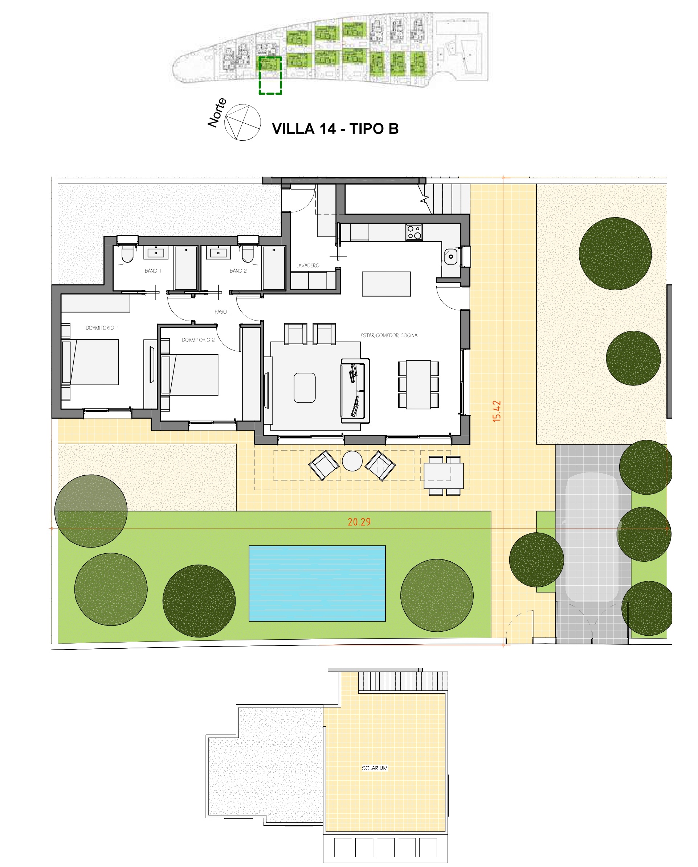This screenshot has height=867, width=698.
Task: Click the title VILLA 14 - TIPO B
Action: pos(335,129)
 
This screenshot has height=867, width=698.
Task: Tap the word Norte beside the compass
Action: pos(217,113)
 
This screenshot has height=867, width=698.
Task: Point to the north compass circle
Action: pos(242,122)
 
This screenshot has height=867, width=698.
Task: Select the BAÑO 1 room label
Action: pos(152,271)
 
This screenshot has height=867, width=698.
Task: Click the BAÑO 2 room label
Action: pos(238,271)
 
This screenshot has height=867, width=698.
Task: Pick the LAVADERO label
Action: pos(308,265)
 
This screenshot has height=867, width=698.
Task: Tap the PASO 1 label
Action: pos(223,311)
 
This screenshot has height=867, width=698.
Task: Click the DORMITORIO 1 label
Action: pos(101,328)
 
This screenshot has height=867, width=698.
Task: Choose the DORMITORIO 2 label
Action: pos(198,340)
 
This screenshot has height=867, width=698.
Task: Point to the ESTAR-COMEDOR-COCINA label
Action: pos(389,335)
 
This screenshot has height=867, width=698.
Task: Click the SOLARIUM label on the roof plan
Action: pos(374,768)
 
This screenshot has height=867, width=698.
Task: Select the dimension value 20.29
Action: pos(359,521)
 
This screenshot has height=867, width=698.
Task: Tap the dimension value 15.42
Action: pos(497,410)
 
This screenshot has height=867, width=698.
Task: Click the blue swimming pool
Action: pos(317,583)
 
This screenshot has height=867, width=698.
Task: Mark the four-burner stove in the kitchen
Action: pos(414,232)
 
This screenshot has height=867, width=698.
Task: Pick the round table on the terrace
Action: pos(352,461)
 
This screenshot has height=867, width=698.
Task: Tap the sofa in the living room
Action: pos(355,391)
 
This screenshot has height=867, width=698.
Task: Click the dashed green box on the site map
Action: pos(270,75)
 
